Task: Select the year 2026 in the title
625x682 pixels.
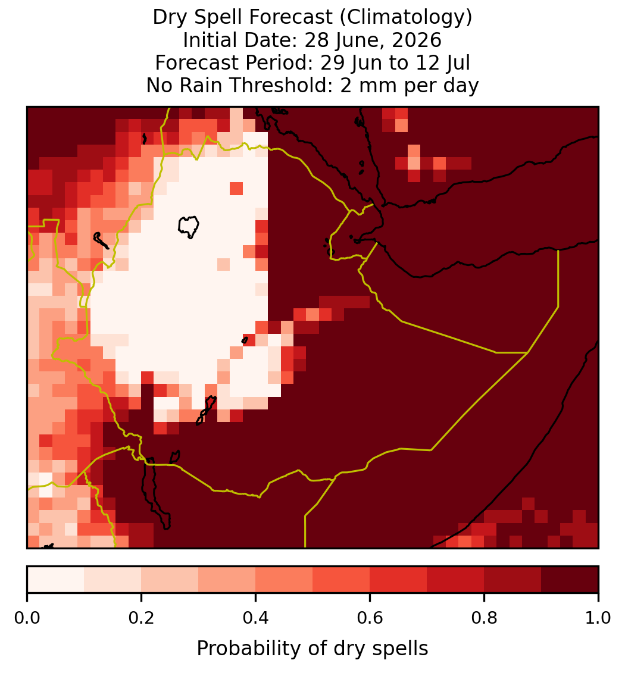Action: [x=417, y=40]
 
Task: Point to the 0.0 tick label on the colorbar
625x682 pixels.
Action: [x=27, y=618]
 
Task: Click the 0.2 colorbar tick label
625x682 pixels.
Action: [x=141, y=618]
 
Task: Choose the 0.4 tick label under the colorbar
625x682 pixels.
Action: [x=256, y=618]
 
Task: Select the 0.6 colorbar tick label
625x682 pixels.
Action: [x=370, y=618]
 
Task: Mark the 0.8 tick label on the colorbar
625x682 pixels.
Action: [x=485, y=618]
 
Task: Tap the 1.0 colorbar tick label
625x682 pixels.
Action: [x=598, y=618]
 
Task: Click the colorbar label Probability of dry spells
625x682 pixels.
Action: [x=312, y=649]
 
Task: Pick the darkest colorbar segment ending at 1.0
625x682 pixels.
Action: [x=570, y=580]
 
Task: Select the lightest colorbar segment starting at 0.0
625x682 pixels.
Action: [x=56, y=580]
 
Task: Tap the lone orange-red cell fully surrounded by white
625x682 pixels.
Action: [x=236, y=189]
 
